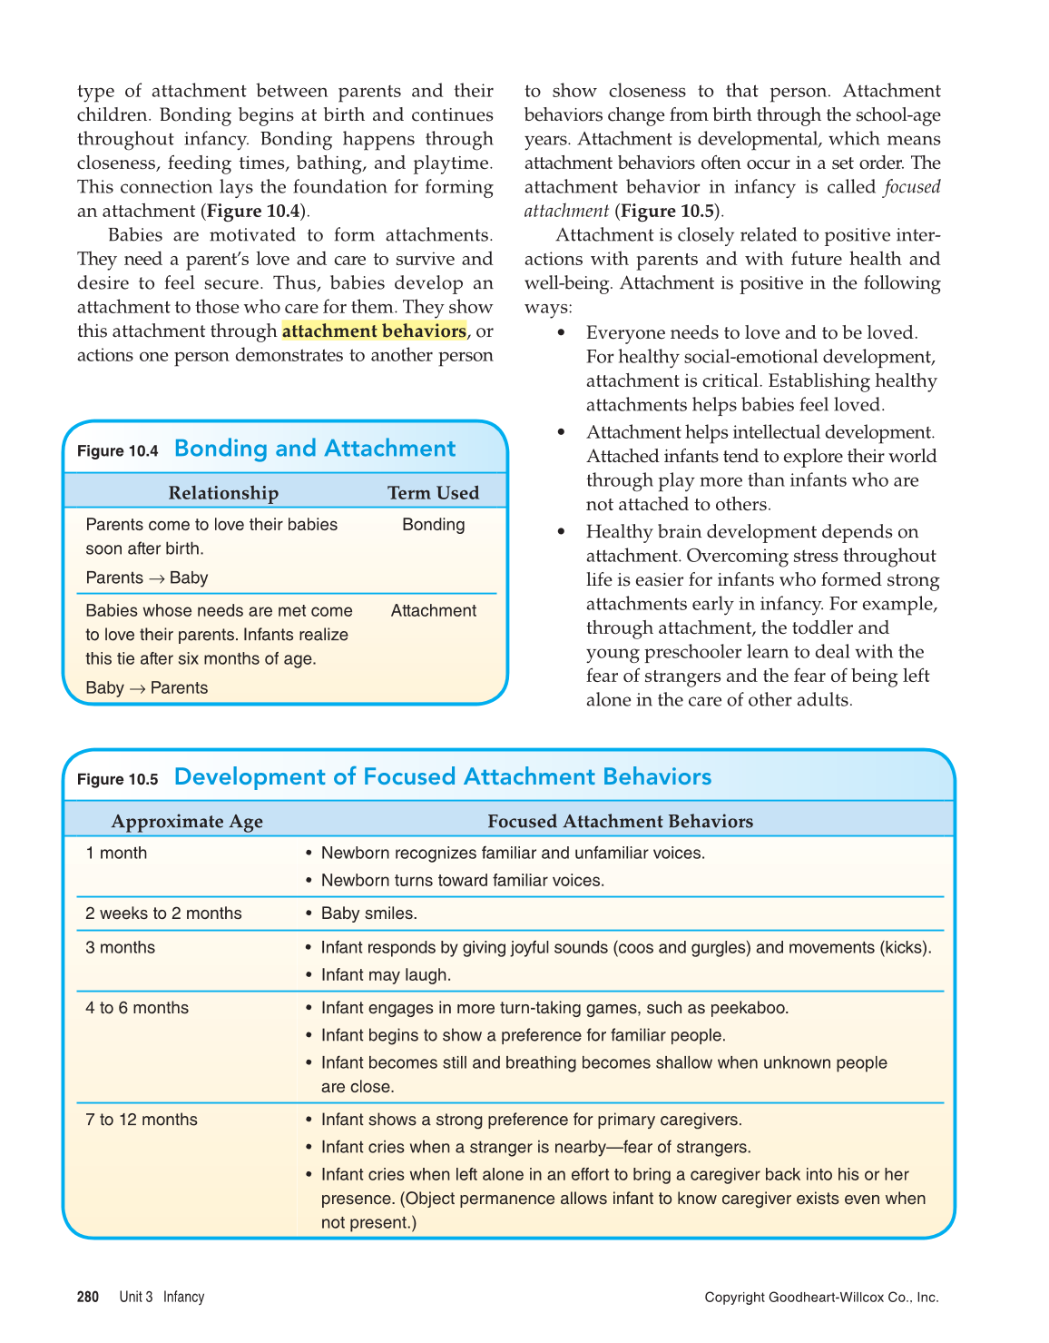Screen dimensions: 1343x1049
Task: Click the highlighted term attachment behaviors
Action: (x=374, y=331)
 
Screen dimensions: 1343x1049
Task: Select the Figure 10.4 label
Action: (x=118, y=451)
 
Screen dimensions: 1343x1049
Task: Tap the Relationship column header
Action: (x=223, y=493)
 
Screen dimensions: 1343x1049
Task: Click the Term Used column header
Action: (x=433, y=493)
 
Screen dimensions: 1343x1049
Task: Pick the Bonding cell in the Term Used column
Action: (x=433, y=525)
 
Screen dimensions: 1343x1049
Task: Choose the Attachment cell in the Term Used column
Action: (x=433, y=611)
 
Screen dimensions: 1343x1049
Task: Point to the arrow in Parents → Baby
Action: (x=157, y=578)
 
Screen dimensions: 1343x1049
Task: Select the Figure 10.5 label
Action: (x=118, y=779)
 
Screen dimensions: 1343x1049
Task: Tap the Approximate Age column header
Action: (x=187, y=822)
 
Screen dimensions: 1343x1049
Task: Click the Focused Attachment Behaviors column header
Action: (x=620, y=822)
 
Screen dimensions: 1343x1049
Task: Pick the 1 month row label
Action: (x=116, y=854)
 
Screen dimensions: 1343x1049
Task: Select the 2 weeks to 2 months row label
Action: (x=163, y=913)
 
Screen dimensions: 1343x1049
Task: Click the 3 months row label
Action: (x=120, y=948)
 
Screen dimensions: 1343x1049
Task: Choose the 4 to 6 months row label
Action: (x=137, y=1008)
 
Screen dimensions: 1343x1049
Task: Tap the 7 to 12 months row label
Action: (x=142, y=1121)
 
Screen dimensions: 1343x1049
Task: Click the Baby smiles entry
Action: (x=368, y=913)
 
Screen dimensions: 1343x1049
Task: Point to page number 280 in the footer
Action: (x=88, y=1297)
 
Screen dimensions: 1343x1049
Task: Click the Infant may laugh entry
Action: (x=386, y=975)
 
